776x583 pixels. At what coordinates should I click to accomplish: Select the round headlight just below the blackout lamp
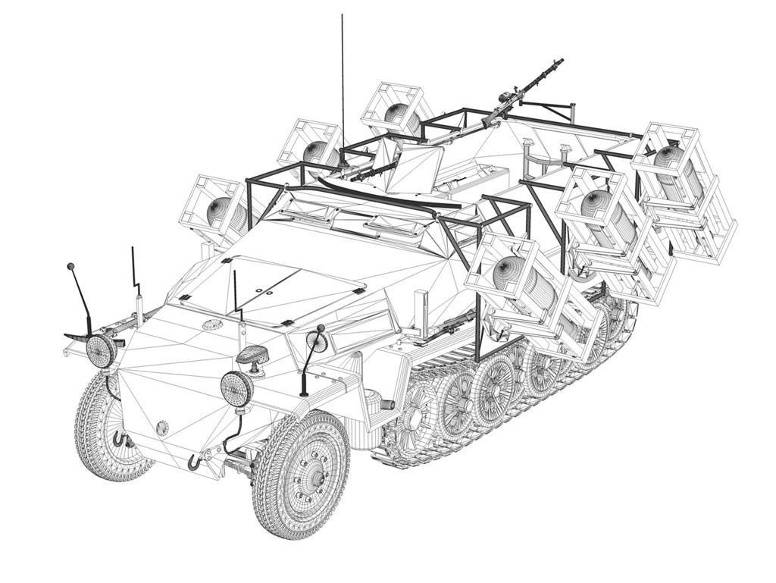click(236, 387)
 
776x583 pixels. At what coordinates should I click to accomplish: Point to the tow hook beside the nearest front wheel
click(196, 459)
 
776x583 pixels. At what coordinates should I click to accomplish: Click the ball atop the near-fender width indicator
click(321, 328)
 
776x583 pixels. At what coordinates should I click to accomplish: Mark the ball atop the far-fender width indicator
click(70, 267)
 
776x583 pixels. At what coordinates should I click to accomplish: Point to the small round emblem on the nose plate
click(161, 428)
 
